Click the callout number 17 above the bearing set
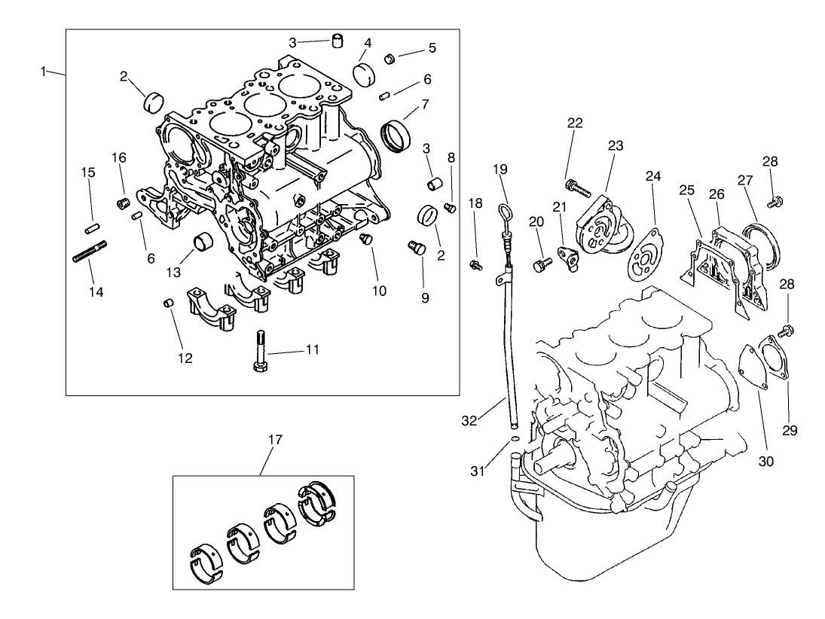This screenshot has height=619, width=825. [x=275, y=440]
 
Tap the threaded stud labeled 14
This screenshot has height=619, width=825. [x=89, y=251]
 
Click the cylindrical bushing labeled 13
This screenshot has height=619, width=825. [x=203, y=243]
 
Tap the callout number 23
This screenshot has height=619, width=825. [x=616, y=146]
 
